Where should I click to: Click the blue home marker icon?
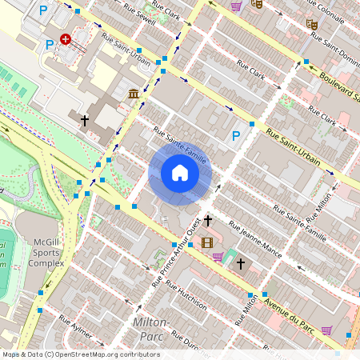point(179,172)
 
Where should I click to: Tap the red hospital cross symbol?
point(65,38)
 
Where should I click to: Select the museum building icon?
point(133,95)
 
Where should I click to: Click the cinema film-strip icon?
point(208,242)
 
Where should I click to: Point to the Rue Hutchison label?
point(188,295)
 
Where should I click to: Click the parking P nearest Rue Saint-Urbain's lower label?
point(236,136)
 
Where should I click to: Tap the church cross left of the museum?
point(85,120)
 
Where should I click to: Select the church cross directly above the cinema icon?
point(208,220)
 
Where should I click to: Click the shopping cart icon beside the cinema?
point(218,257)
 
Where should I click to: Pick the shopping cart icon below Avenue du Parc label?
point(326,330)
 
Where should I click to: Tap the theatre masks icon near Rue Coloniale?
point(313,25)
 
